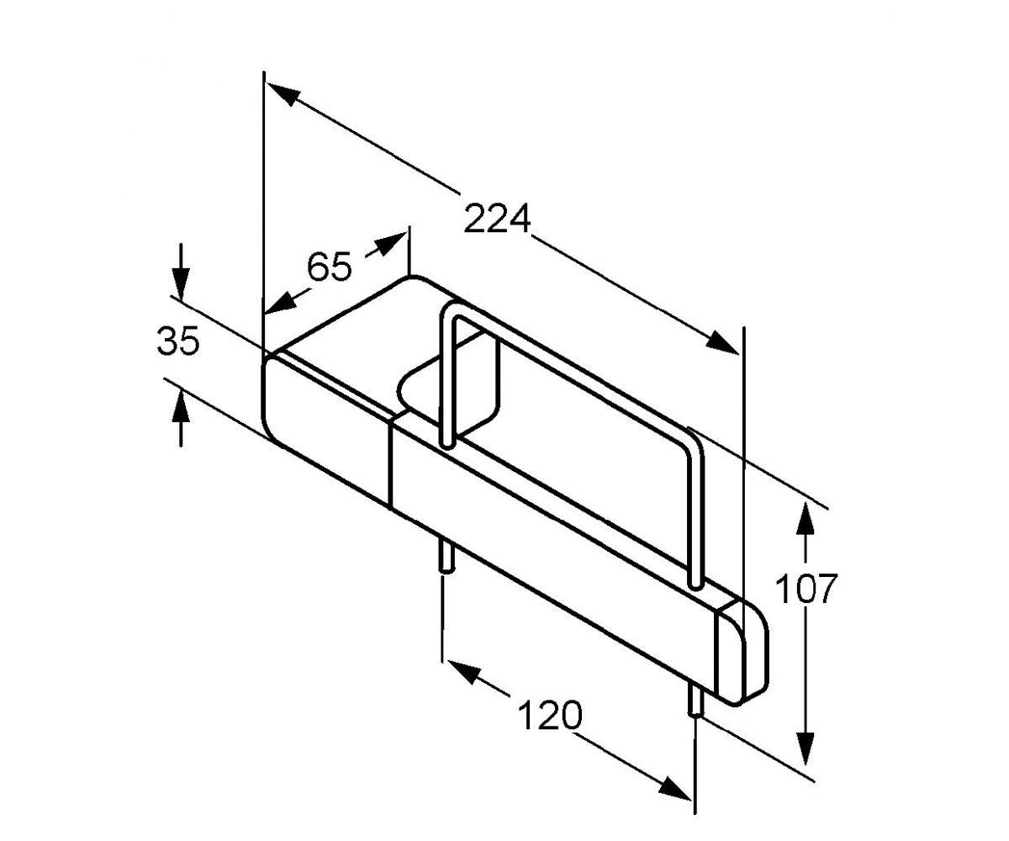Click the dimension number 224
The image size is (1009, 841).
(497, 219)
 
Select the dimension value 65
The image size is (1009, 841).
(330, 267)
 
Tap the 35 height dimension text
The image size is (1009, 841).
(177, 341)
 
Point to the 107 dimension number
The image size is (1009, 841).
(806, 589)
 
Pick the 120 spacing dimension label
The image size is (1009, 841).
(550, 715)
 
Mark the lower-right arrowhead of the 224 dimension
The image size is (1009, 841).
(722, 342)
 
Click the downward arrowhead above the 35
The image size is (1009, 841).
(181, 283)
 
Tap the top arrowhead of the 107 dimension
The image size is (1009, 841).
(805, 518)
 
